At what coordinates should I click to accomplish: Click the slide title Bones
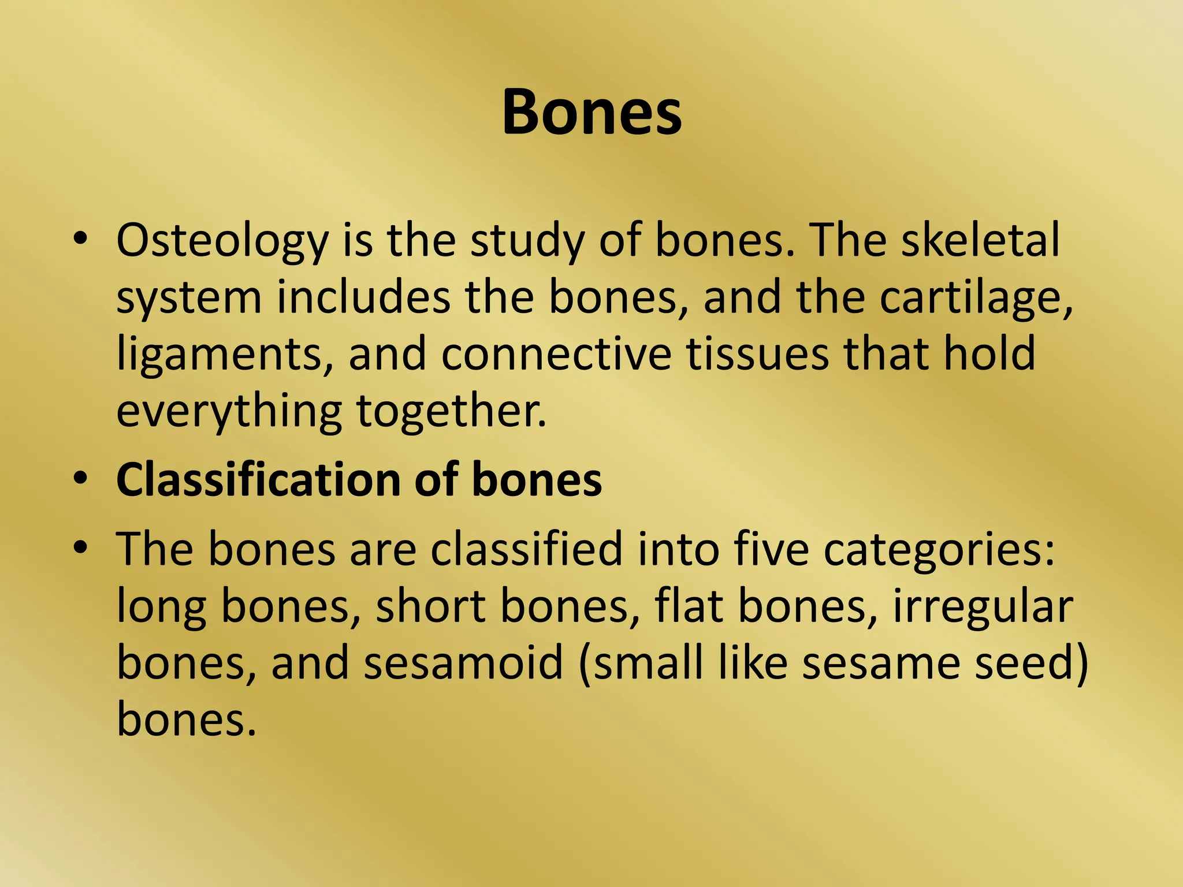pyautogui.click(x=591, y=113)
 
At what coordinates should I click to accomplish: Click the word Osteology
pyautogui.click(x=222, y=241)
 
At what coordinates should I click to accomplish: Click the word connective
pyautogui.click(x=556, y=354)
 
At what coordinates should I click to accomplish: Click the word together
pyautogui.click(x=451, y=411)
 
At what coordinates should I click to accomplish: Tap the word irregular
pyautogui.click(x=983, y=608)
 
